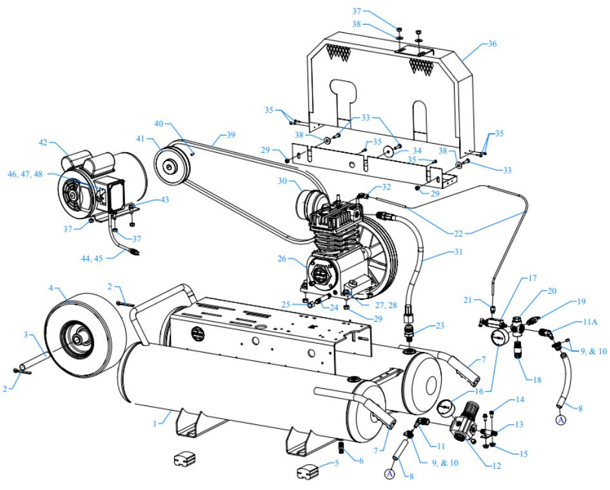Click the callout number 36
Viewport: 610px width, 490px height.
point(493,44)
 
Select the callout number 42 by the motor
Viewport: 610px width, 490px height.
point(43,142)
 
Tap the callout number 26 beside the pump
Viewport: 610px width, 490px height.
point(282,260)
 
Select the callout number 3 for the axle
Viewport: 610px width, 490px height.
point(26,335)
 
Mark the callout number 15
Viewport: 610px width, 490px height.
point(523,455)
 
